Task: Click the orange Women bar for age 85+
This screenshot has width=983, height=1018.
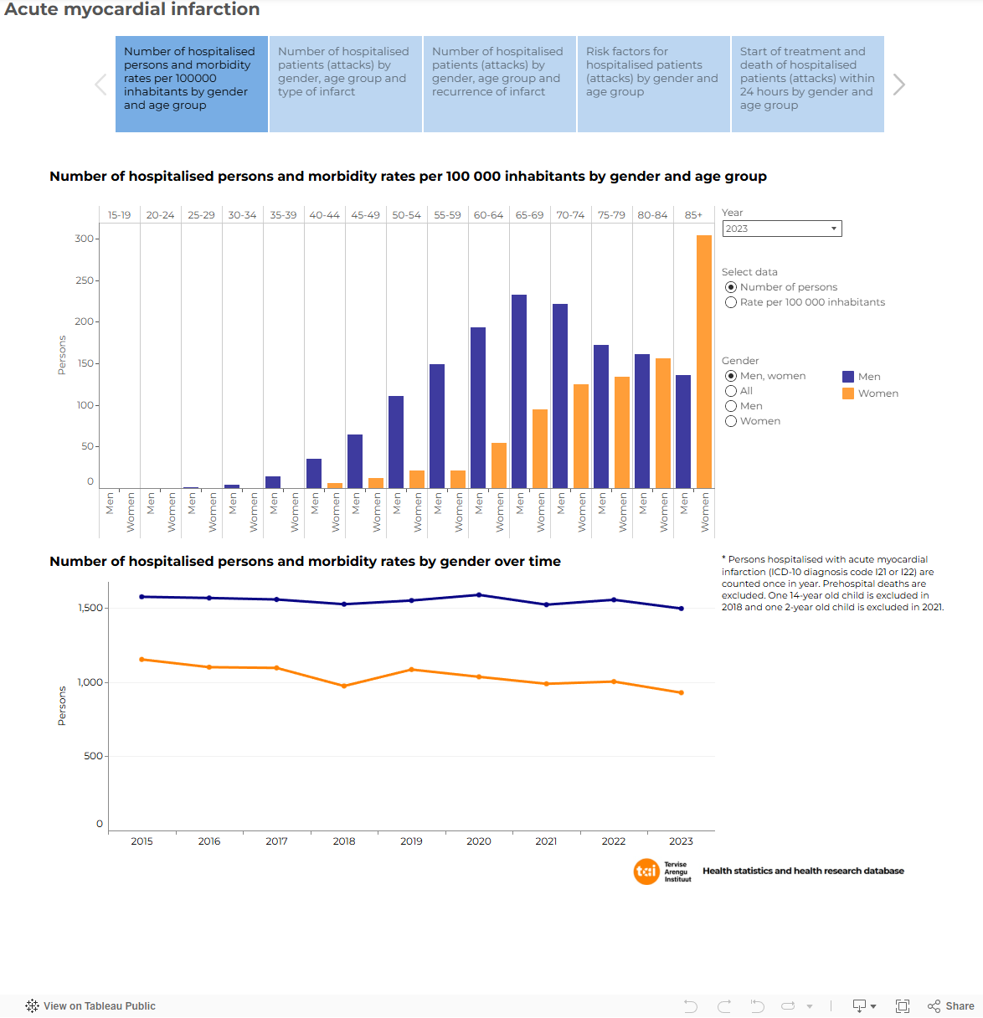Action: pyautogui.click(x=704, y=362)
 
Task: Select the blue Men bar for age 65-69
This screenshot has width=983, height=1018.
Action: pyautogui.click(x=519, y=391)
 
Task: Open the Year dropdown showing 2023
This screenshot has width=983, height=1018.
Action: pyautogui.click(x=781, y=229)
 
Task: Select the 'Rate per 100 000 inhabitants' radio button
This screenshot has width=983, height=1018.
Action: pyautogui.click(x=731, y=302)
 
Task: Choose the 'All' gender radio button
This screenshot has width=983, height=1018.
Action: pyautogui.click(x=731, y=391)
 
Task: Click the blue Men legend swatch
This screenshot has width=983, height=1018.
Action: pyautogui.click(x=848, y=377)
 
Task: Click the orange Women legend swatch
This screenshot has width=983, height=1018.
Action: pyautogui.click(x=848, y=393)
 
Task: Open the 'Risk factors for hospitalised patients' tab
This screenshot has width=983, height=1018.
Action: pyautogui.click(x=653, y=84)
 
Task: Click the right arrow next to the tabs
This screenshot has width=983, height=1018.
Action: pyautogui.click(x=899, y=85)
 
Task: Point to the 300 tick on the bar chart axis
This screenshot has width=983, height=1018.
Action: pyautogui.click(x=85, y=239)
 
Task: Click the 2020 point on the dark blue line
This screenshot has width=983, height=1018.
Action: pyautogui.click(x=479, y=595)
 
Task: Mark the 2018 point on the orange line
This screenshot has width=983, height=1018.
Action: pyautogui.click(x=344, y=686)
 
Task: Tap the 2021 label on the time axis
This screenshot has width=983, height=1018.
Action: pyautogui.click(x=546, y=841)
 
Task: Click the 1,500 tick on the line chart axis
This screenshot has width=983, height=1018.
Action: pyautogui.click(x=90, y=608)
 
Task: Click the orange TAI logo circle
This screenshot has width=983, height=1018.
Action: pyautogui.click(x=646, y=871)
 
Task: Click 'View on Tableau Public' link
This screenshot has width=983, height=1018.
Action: pyautogui.click(x=99, y=1006)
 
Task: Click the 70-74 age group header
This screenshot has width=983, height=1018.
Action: pyautogui.click(x=570, y=215)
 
